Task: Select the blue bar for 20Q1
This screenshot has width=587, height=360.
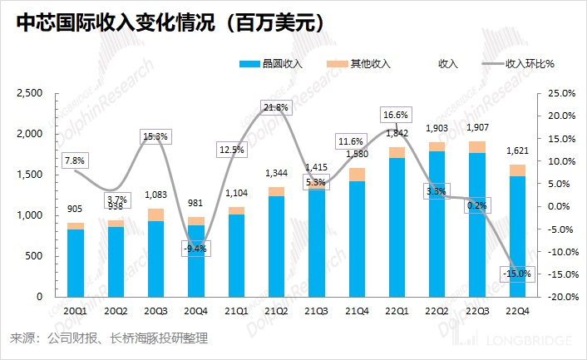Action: [x=76, y=263]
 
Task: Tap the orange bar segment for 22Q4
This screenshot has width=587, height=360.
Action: [x=517, y=170]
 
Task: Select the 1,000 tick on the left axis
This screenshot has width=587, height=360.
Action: [x=31, y=215]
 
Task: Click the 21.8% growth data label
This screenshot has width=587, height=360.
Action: [x=275, y=107]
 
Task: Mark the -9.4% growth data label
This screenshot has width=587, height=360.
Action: [x=195, y=248]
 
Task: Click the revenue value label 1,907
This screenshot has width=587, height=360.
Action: [x=476, y=128]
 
